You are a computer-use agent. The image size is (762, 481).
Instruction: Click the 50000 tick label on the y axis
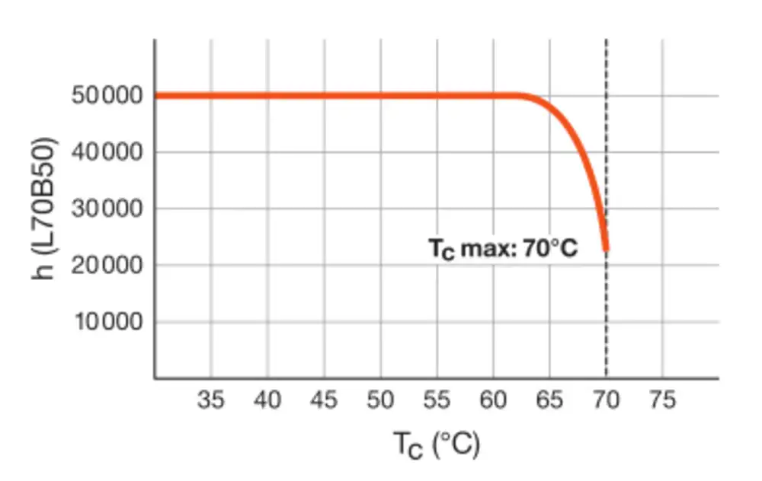pyautogui.click(x=107, y=96)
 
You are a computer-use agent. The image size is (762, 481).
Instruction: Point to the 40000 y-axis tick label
pyautogui.click(x=107, y=152)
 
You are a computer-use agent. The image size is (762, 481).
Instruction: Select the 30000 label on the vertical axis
pyautogui.click(x=107, y=209)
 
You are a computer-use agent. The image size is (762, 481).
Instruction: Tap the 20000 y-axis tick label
pyautogui.click(x=107, y=266)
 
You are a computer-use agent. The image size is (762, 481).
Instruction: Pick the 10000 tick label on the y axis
pyautogui.click(x=107, y=322)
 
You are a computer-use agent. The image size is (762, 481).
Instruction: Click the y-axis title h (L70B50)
pyautogui.click(x=46, y=209)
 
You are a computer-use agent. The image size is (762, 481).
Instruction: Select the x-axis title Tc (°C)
pyautogui.click(x=437, y=443)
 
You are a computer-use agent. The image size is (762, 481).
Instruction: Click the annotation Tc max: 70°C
pyautogui.click(x=504, y=250)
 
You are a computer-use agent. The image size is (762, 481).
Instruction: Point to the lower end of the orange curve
pyautogui.click(x=606, y=247)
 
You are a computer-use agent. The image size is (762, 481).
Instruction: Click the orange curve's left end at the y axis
pyautogui.click(x=156, y=96)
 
